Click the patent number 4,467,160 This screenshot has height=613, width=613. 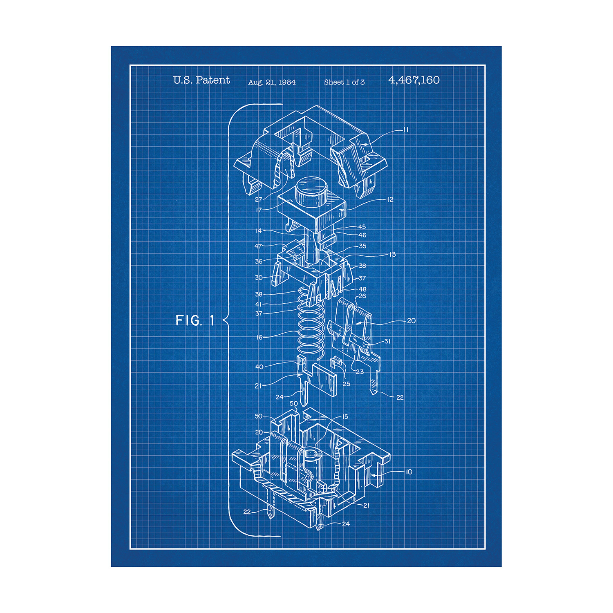click(x=414, y=80)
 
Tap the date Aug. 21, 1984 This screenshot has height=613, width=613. click(x=272, y=82)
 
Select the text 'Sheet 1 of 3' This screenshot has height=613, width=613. click(x=344, y=82)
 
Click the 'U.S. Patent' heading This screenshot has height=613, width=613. click(x=201, y=80)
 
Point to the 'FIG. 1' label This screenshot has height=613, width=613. click(x=195, y=320)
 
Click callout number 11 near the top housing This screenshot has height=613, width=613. click(x=406, y=130)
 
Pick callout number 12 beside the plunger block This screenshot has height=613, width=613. click(x=390, y=199)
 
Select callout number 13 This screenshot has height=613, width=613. click(x=392, y=254)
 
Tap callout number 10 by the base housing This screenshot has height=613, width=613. click(x=409, y=472)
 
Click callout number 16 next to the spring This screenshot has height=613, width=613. click(x=259, y=337)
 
